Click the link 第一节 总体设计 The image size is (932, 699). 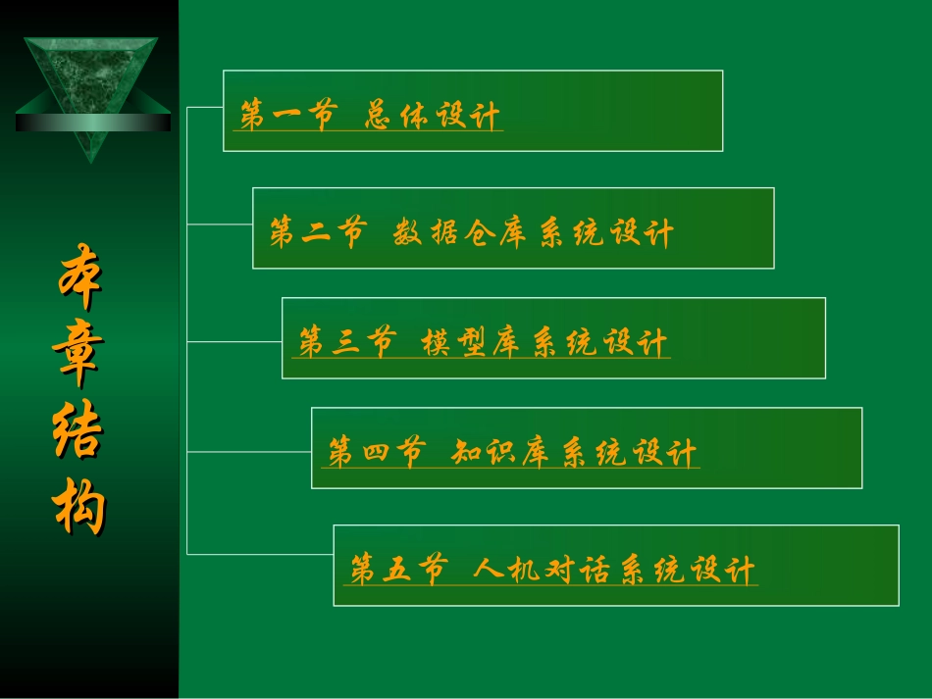pos(371,116)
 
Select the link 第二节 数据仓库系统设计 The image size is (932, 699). pos(472,233)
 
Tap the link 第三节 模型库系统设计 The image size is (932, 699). pos(484,343)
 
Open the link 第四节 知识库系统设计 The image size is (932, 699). pos(513,453)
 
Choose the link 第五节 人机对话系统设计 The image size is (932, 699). pos(553,570)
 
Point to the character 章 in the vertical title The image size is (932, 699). pos(78,358)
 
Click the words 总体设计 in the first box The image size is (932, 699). pos(433,116)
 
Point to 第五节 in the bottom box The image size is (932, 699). pos(397,570)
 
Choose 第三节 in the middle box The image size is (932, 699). pos(346,343)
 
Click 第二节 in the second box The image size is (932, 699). pos(317,233)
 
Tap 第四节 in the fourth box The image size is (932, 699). pos(376,453)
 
